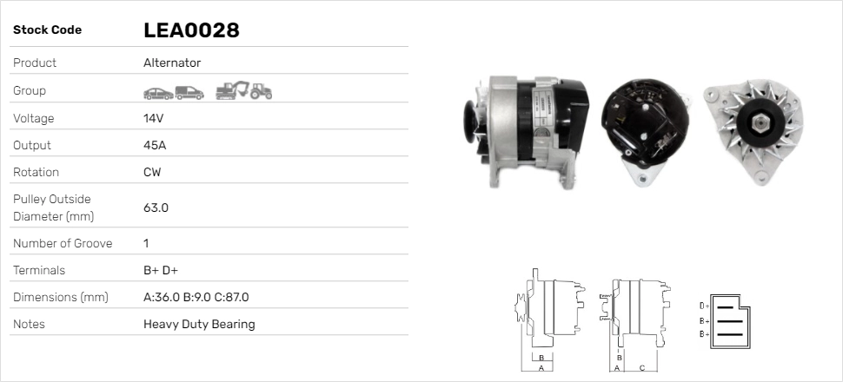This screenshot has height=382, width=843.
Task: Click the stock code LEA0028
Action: tap(191, 30)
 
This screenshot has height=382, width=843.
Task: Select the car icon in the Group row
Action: tap(158, 94)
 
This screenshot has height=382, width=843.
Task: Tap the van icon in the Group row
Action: tap(189, 93)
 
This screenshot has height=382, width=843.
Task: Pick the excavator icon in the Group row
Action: tap(232, 90)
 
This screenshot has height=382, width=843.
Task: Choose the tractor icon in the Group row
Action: tap(262, 91)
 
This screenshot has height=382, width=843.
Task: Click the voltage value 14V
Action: tap(153, 118)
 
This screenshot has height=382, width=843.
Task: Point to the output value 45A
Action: tap(155, 145)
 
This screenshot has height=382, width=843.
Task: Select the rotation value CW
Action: tap(152, 172)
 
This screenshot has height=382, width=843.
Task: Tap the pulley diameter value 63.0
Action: tap(156, 207)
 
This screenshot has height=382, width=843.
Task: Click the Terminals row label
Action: tap(39, 270)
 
